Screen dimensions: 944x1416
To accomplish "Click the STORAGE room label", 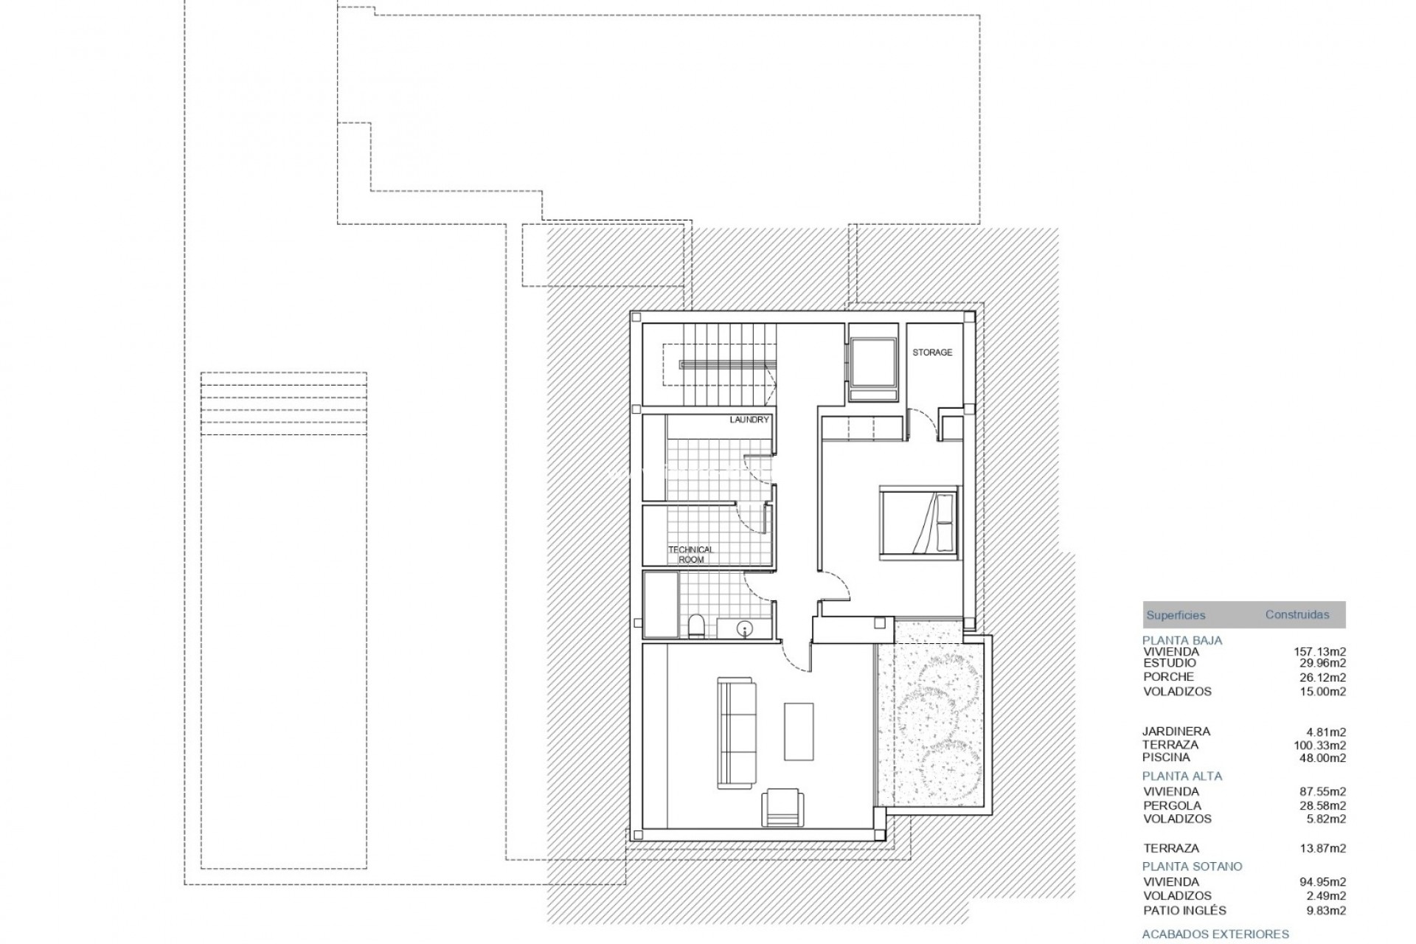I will [932, 353].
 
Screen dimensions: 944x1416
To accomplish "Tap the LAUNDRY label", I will [749, 420].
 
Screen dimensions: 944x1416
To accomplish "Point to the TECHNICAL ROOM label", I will [691, 555].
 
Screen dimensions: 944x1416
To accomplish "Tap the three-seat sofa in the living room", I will [737, 733].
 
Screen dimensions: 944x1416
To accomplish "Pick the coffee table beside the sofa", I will [799, 731].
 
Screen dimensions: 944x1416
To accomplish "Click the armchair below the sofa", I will [782, 807].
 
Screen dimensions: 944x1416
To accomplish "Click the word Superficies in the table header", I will [1176, 615].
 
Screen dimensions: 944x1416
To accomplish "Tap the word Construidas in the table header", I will [1297, 614].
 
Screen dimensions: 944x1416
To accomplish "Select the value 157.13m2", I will [1319, 651].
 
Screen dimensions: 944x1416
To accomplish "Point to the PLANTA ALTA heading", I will [1182, 776].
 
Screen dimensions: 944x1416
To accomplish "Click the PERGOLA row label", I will [1172, 805].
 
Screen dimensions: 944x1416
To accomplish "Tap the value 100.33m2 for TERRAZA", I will [1319, 745].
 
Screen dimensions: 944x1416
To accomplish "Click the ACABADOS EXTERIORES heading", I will [1215, 934].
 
